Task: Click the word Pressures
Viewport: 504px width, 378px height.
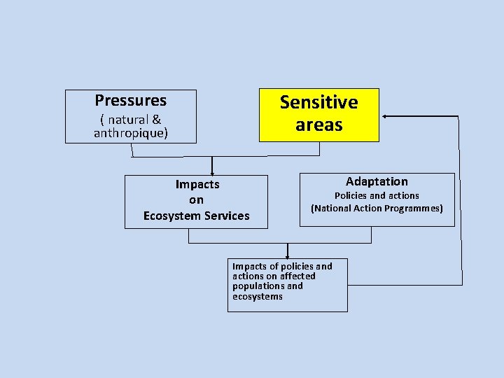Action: tap(131, 100)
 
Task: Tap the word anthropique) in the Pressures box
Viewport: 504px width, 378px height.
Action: tap(131, 133)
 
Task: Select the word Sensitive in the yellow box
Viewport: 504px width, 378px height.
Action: tap(318, 102)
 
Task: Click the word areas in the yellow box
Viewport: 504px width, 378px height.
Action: tap(318, 125)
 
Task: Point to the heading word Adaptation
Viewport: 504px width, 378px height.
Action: tap(377, 181)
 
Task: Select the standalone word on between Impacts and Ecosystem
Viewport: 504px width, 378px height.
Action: tap(196, 200)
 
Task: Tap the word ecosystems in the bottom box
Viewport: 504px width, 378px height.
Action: tap(258, 297)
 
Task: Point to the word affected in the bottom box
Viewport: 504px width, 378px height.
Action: tap(297, 276)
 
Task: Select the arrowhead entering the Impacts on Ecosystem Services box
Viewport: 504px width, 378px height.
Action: tap(212, 172)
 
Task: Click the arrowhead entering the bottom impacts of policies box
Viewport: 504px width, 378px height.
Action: tap(287, 257)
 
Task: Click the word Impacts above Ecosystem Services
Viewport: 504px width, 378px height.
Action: tap(197, 185)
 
